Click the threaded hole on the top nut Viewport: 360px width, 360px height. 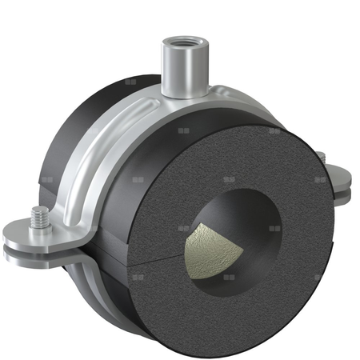coord(177,38)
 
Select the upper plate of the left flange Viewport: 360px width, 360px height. coord(32,234)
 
